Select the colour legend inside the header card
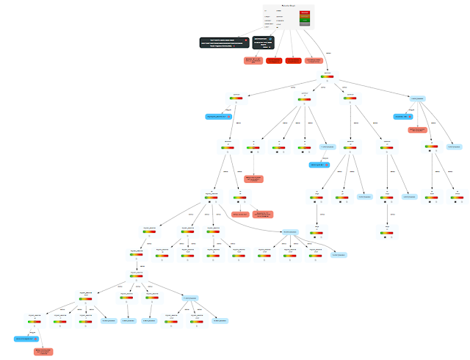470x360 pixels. (x=304, y=19)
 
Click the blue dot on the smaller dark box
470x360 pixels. (x=270, y=39)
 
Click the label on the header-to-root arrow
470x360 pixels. (x=328, y=53)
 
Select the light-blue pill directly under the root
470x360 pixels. (x=416, y=98)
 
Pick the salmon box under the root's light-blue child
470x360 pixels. (x=417, y=130)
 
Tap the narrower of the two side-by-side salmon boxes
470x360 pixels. (x=240, y=214)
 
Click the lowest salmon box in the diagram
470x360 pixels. (x=43, y=352)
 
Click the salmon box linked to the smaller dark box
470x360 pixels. (x=253, y=60)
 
